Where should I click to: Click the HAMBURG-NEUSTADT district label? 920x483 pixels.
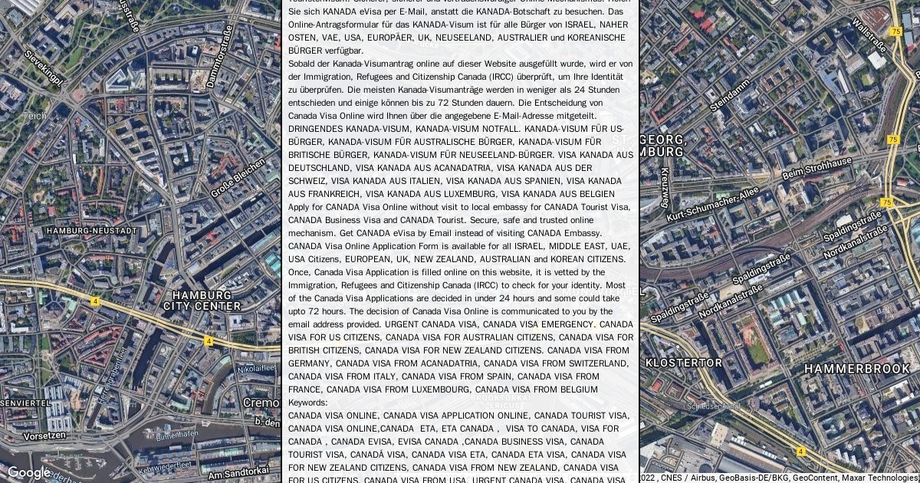(92, 231)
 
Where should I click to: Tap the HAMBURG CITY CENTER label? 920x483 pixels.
(202, 301)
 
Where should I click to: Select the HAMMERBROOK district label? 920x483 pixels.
(857, 370)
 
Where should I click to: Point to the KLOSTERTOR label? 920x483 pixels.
(684, 363)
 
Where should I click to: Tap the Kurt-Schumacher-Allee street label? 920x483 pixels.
(712, 205)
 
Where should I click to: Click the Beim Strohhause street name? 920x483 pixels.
(816, 168)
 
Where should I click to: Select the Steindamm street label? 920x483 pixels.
(730, 94)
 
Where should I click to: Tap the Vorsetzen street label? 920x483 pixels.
(44, 435)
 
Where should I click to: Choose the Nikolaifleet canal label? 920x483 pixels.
(256, 369)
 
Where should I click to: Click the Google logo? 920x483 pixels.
(28, 472)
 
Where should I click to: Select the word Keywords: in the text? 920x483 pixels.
(307, 402)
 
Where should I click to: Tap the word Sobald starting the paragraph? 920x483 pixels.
(301, 64)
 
